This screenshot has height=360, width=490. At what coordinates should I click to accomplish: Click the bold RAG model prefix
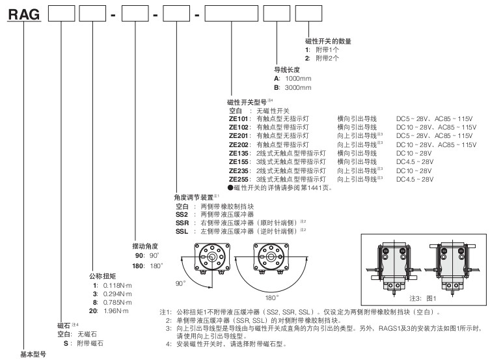[24, 14]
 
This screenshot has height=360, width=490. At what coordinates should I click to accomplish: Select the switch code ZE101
[238, 118]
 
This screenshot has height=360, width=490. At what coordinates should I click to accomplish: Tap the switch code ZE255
[238, 180]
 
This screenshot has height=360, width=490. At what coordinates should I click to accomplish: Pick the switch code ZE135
[238, 153]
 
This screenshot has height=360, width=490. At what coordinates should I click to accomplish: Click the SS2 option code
[182, 215]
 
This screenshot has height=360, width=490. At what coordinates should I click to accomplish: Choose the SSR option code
[182, 223]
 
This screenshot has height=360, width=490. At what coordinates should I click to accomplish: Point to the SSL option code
[182, 232]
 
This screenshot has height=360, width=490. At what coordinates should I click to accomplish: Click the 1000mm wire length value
[298, 79]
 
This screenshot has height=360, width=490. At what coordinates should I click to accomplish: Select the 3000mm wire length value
[298, 88]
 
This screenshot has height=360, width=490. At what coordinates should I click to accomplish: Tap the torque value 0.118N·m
[118, 286]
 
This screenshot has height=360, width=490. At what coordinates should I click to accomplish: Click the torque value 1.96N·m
[116, 311]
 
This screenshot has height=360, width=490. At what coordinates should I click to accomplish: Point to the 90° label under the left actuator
[180, 283]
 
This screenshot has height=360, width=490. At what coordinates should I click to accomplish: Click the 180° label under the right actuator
[271, 298]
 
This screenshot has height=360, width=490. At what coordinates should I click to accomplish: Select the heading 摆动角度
[145, 246]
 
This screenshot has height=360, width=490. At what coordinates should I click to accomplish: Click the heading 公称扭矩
[103, 276]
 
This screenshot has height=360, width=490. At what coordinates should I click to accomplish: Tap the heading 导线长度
[287, 70]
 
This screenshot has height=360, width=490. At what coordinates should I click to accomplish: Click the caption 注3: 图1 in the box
[422, 298]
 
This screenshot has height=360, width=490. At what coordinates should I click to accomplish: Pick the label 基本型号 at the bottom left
[33, 354]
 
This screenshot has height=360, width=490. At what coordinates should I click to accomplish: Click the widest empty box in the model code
[232, 14]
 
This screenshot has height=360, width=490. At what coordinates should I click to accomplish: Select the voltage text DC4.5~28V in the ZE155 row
[415, 162]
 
